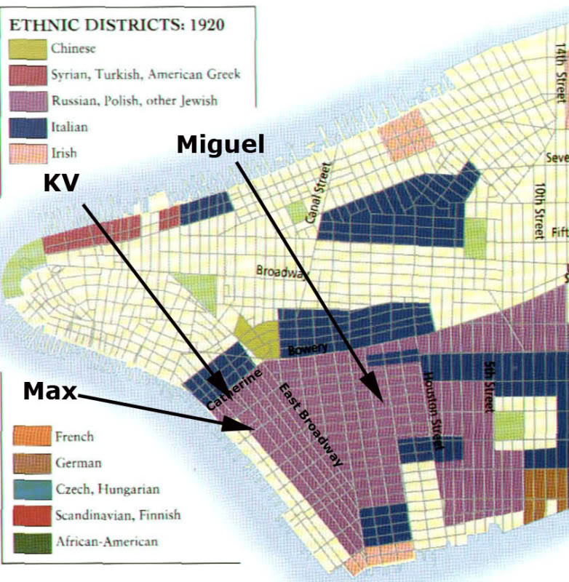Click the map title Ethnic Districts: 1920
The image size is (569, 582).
[x=116, y=24]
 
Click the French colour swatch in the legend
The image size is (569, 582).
[x=32, y=436]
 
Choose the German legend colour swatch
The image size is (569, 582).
[x=32, y=463]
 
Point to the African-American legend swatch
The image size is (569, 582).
[x=32, y=541]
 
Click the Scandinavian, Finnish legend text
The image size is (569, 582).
[x=117, y=515]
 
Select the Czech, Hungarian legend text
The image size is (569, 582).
[x=107, y=489]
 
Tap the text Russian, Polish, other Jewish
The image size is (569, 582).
[x=134, y=100]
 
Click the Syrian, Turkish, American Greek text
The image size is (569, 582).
[x=146, y=74]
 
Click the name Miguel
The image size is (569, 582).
[x=220, y=145]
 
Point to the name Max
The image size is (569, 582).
[x=49, y=391]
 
